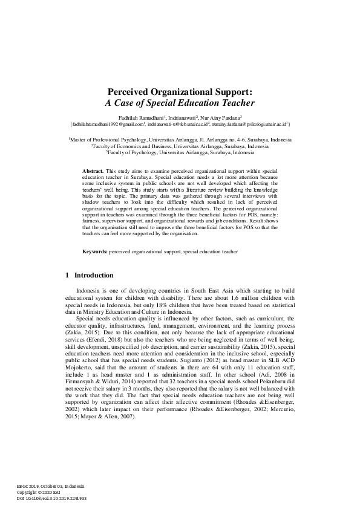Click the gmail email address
[x=108, y=123]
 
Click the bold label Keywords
[x=95, y=250]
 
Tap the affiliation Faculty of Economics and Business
[x=180, y=146]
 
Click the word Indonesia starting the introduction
[x=87, y=290]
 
